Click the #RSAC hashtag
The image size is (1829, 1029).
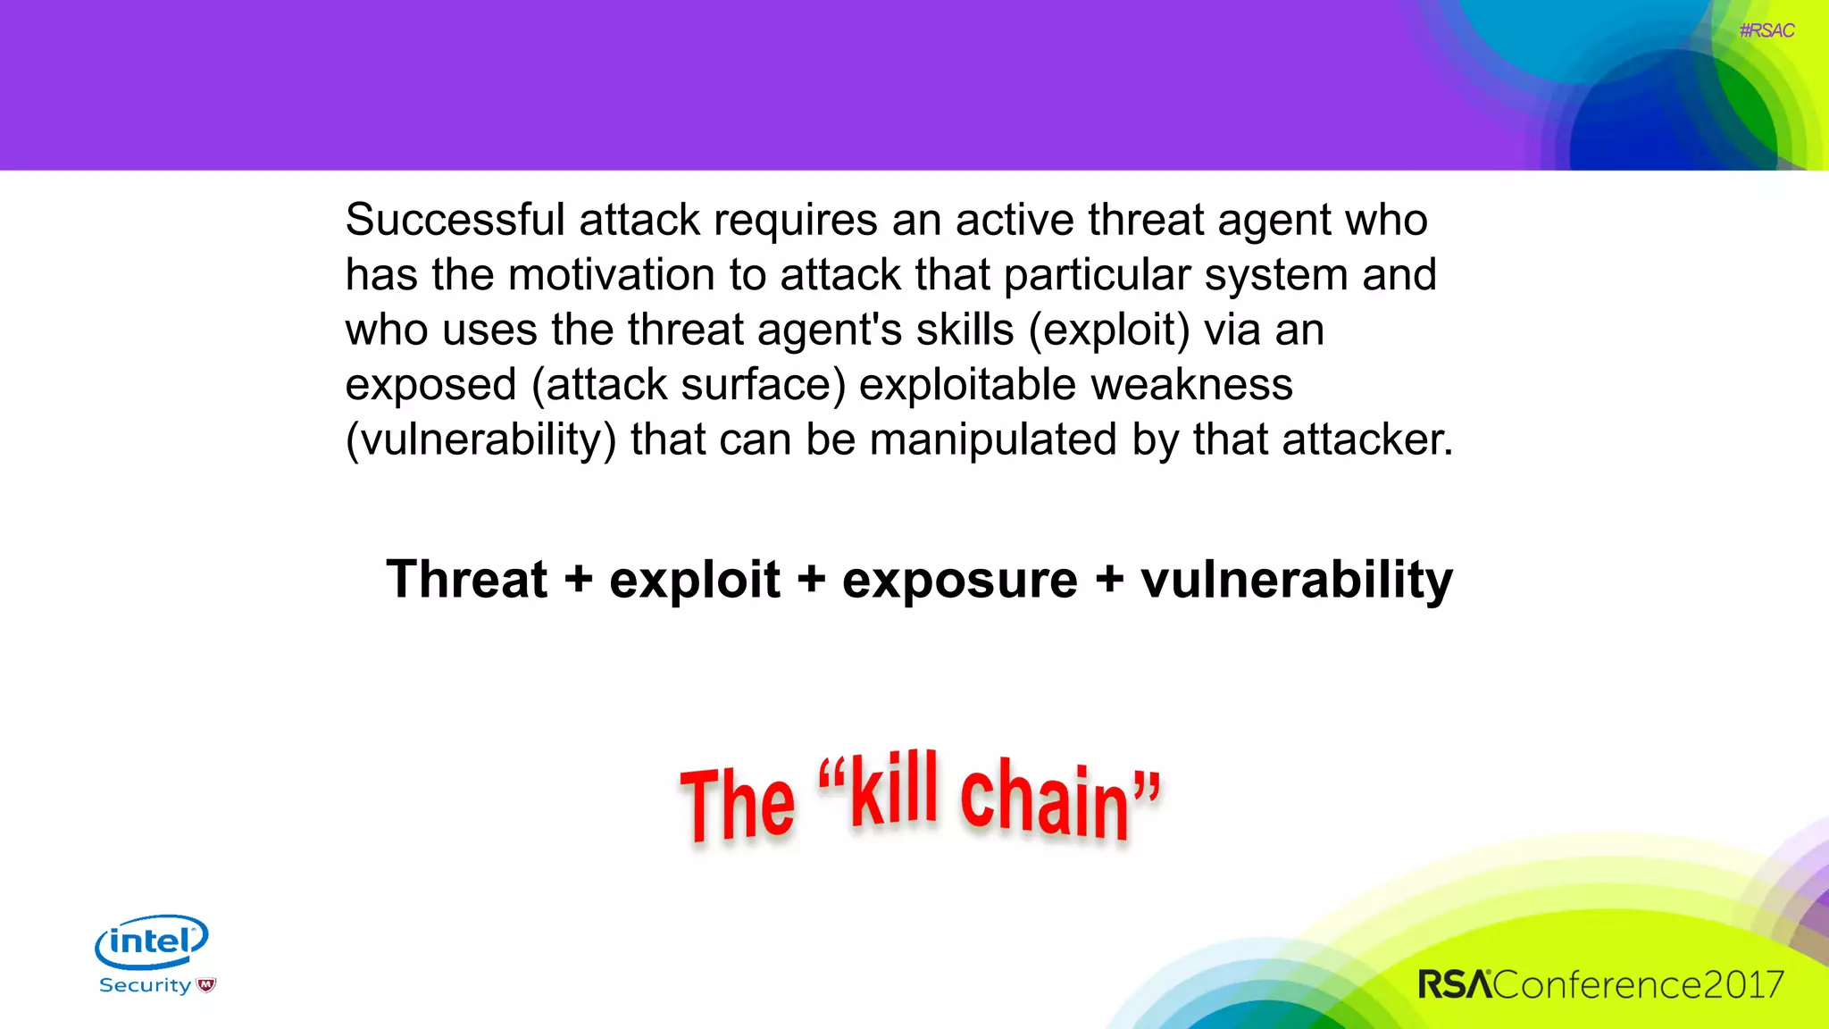coord(1766,31)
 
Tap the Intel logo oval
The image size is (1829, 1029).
coord(152,941)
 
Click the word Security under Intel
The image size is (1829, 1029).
coord(145,985)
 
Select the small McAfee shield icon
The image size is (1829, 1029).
coord(206,985)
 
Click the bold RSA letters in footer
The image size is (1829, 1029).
coord(1454,984)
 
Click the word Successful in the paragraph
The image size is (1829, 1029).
coord(455,220)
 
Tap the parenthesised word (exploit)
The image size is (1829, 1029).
coord(1109,330)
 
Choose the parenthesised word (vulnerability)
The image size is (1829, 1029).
coord(480,440)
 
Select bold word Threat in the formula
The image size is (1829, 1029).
coord(466,579)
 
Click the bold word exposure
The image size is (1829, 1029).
coord(960,581)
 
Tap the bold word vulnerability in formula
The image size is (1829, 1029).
coord(1297,581)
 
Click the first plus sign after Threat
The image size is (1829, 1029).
coord(578,581)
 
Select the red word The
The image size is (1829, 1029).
coord(737,804)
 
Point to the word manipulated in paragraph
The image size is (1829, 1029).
coord(993,440)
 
